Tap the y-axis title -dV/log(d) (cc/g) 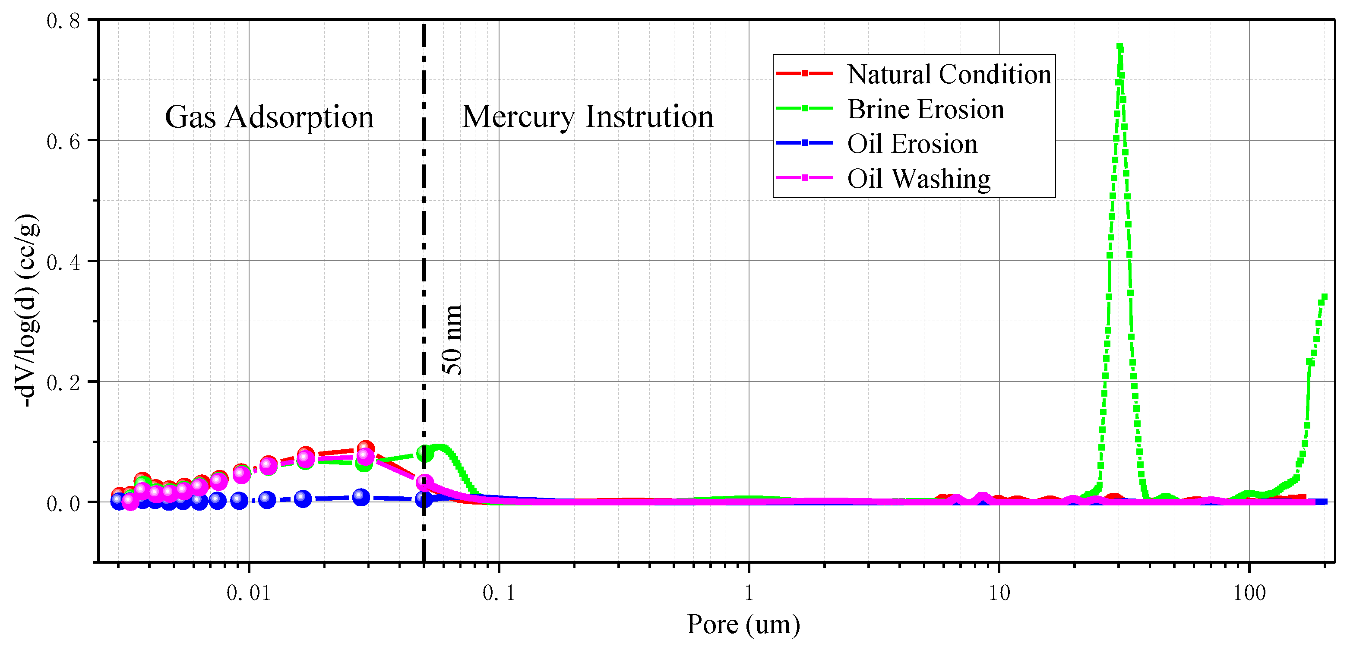[x=26, y=311]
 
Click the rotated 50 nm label [x=452, y=340]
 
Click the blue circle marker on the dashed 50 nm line [x=424, y=499]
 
